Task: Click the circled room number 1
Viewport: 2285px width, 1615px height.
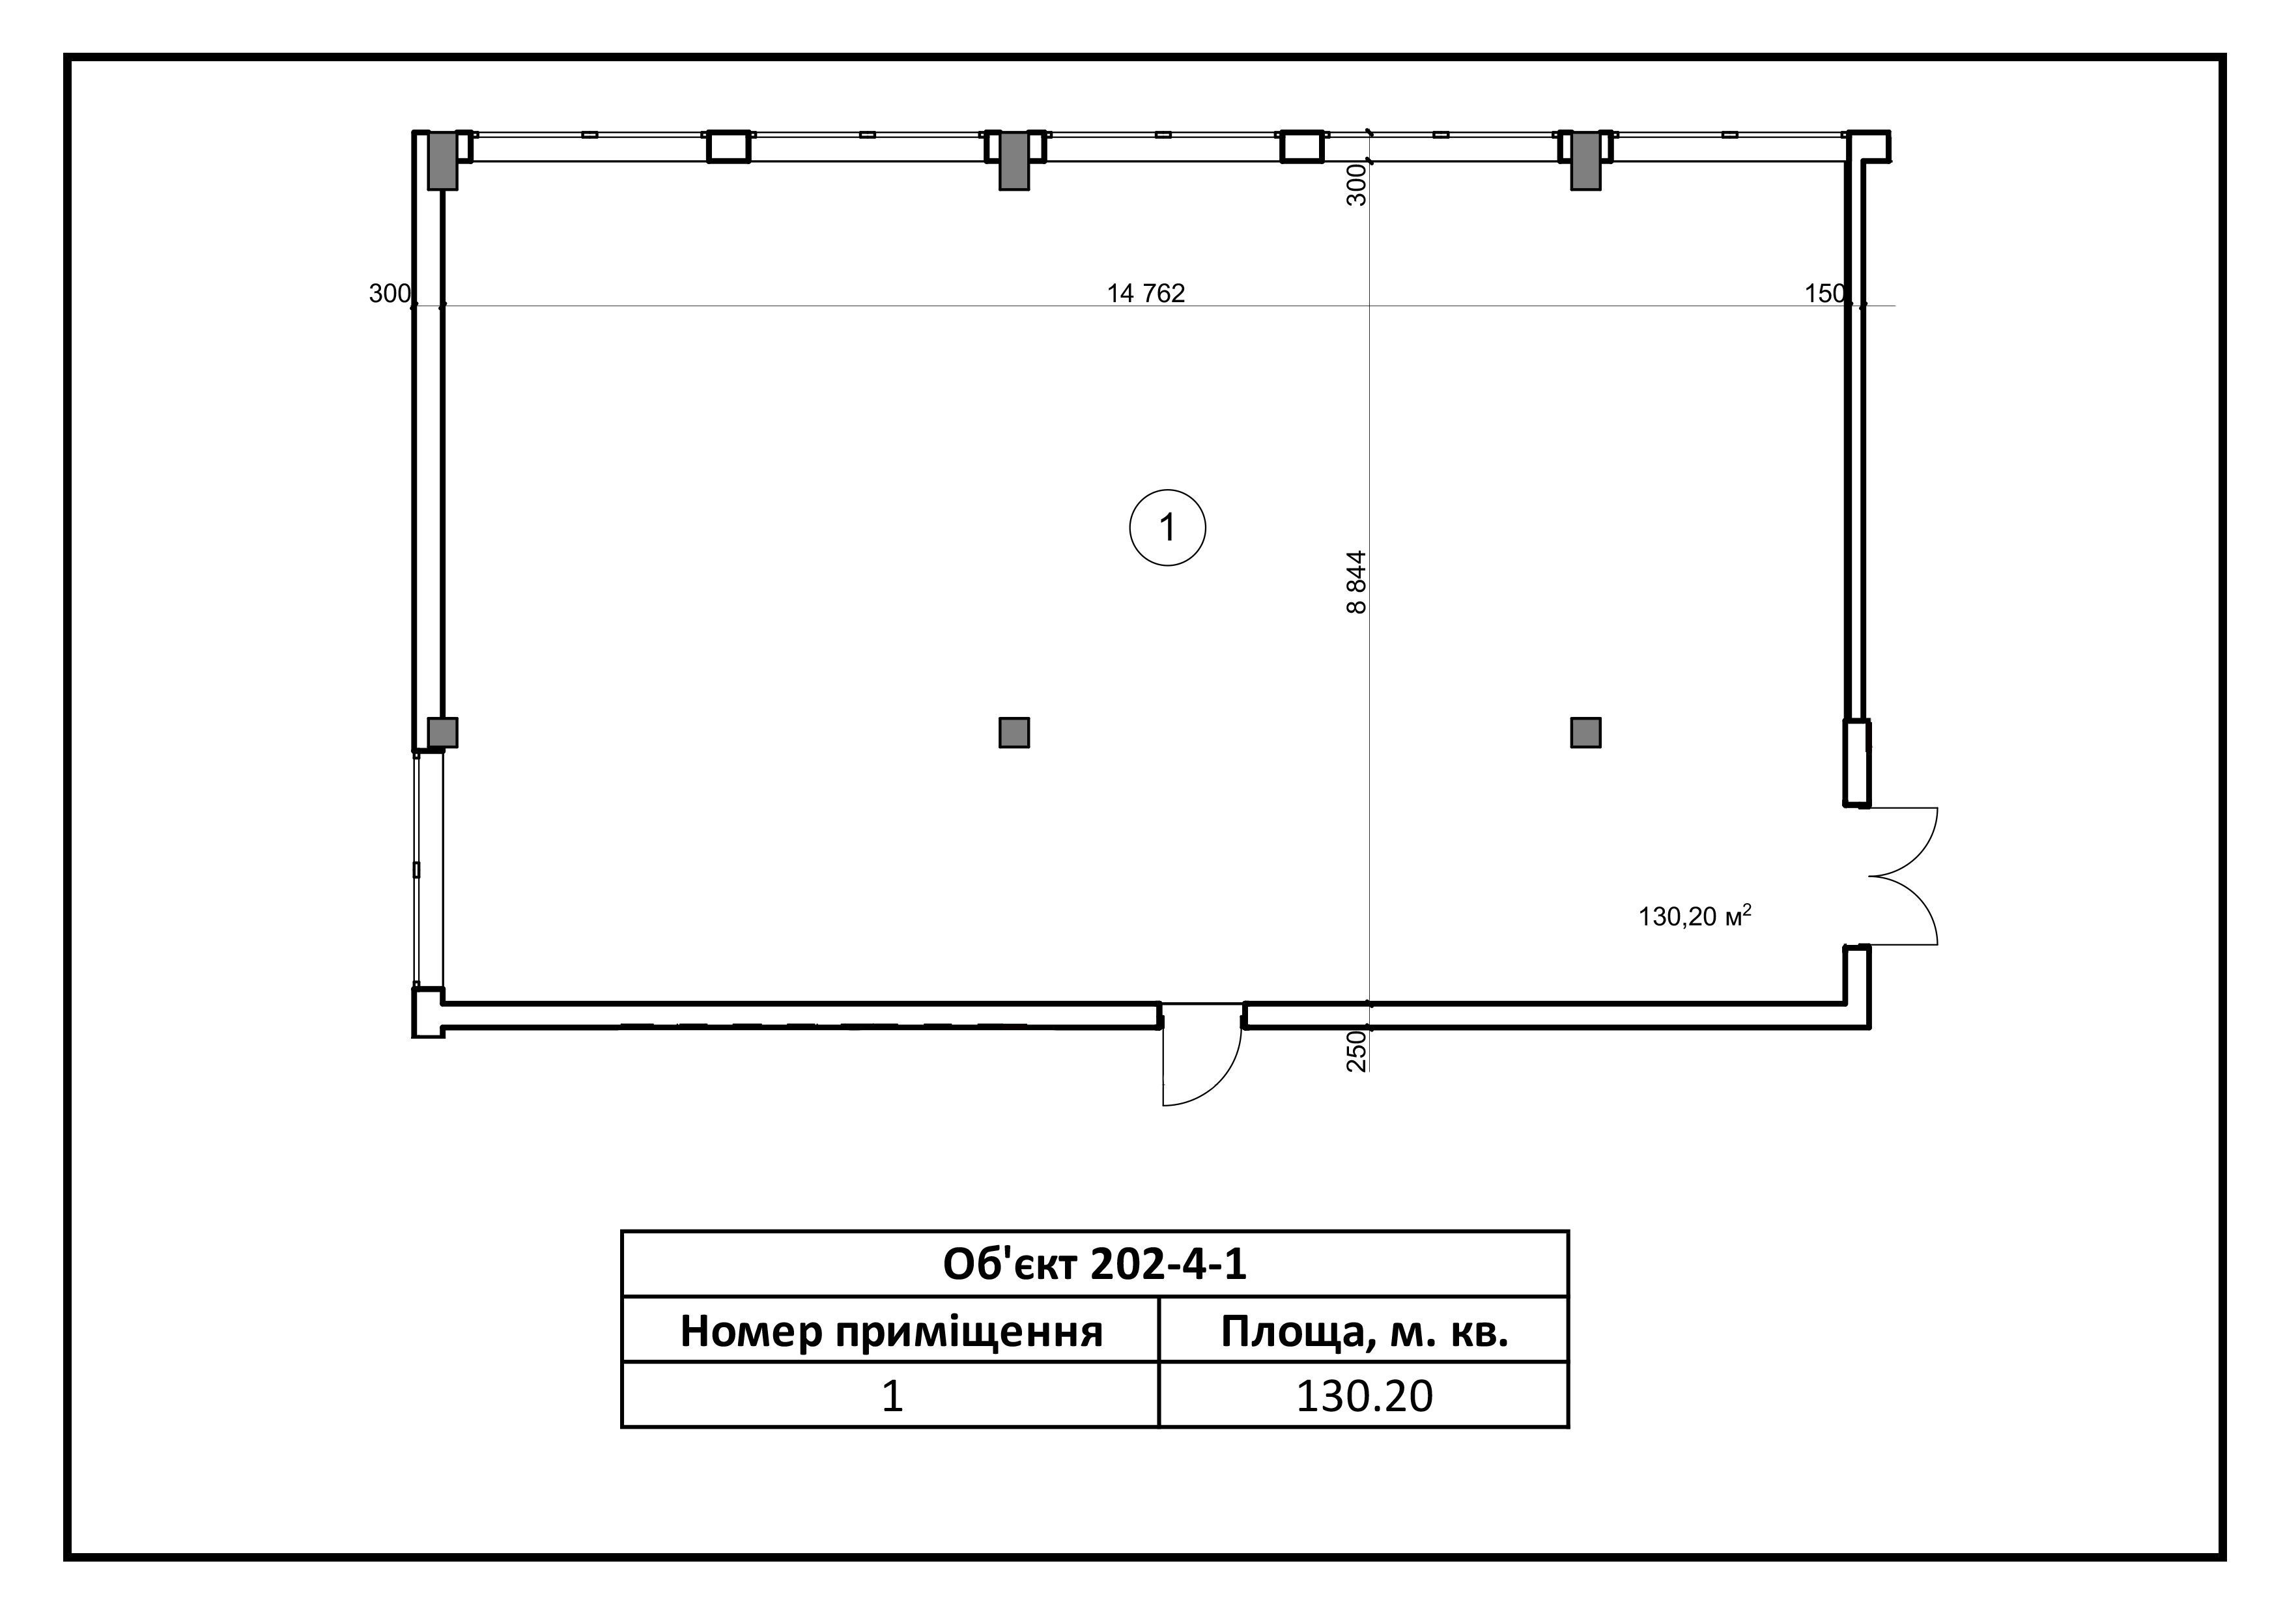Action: pos(1167,527)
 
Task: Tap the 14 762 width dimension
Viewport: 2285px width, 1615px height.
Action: pos(1146,294)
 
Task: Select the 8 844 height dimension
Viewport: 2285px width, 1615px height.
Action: pos(1356,582)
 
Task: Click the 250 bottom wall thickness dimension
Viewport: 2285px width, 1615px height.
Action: pos(1356,1051)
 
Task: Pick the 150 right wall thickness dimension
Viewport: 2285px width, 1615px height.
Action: pos(1824,294)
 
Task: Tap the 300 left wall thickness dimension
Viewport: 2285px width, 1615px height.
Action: pos(389,294)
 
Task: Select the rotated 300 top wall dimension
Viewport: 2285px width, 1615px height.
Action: pos(1356,185)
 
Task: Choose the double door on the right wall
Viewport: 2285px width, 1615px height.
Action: pos(1903,876)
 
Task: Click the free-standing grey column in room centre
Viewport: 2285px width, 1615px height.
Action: pos(1014,733)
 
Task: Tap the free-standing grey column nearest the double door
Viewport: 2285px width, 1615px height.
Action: pos(1585,733)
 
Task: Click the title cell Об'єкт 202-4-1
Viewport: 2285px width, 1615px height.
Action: pos(1095,1264)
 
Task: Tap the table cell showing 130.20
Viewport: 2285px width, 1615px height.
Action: pos(1365,1395)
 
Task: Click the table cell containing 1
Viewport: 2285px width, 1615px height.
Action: pos(892,1395)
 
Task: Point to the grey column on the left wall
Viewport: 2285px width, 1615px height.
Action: pos(443,733)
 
